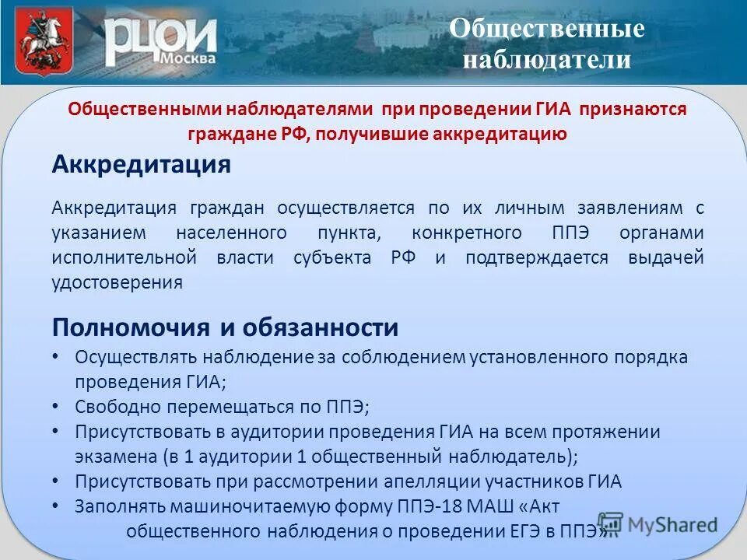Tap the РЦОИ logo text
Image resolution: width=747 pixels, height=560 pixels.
point(160,38)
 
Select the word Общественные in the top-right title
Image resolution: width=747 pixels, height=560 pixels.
point(548,29)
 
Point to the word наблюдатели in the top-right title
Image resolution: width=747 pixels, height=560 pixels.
point(546,59)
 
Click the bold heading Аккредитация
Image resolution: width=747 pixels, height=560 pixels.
point(142,166)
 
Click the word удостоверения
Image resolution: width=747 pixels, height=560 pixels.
point(117,282)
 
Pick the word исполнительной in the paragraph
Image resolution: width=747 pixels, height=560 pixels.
point(124,257)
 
